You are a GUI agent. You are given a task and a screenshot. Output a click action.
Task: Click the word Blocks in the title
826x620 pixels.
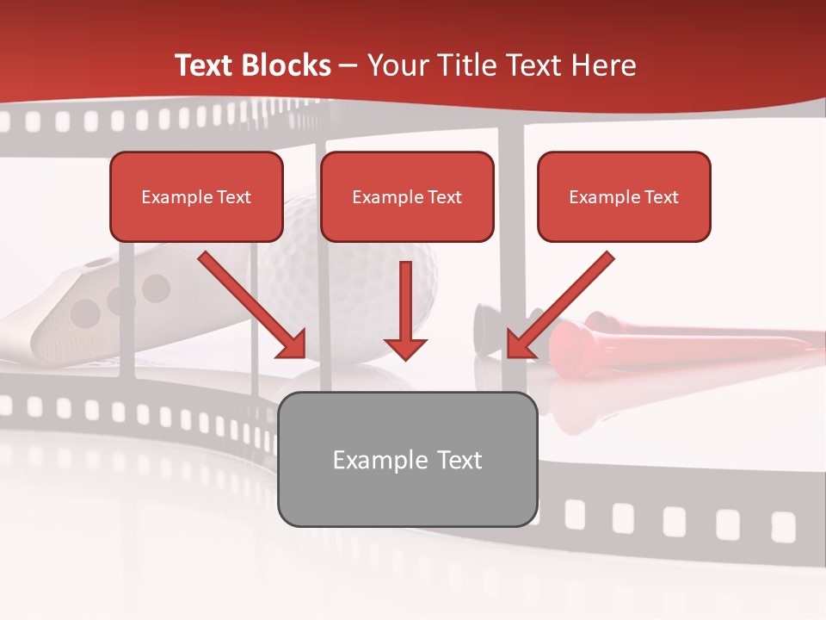(x=288, y=65)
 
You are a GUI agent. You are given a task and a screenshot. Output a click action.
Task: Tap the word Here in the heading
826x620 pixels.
(x=605, y=65)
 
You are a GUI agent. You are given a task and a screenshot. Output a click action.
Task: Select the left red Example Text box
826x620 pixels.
(x=196, y=196)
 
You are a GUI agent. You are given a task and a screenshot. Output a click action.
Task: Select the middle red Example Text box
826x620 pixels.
(x=407, y=196)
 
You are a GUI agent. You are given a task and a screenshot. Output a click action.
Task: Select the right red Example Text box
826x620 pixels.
(x=624, y=196)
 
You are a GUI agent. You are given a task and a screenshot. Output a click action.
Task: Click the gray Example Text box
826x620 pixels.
(x=407, y=459)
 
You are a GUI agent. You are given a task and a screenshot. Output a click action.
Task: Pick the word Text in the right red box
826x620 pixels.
(x=661, y=196)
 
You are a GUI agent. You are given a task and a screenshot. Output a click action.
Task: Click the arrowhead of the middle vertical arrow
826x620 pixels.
(x=405, y=346)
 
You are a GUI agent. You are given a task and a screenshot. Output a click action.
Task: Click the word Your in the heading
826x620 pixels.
(x=392, y=65)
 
